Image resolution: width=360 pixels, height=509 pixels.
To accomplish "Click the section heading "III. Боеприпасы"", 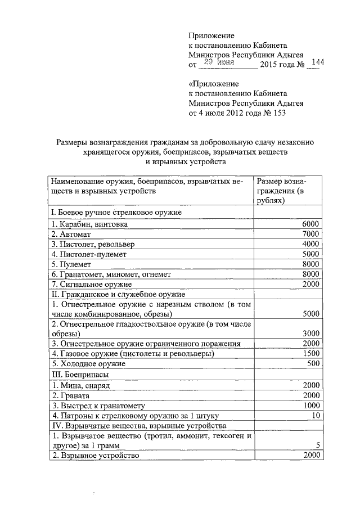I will (x=79, y=373).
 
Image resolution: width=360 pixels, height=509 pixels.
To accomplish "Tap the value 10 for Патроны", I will (x=315, y=416).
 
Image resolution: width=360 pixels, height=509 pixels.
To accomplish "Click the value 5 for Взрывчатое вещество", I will (x=318, y=445).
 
